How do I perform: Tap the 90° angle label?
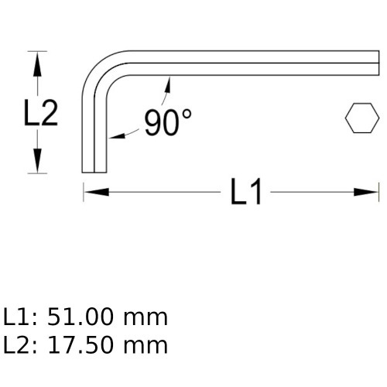tap(167, 122)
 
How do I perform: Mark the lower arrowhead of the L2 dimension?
tap(35, 166)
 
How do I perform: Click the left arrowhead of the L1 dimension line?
tap(90, 191)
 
